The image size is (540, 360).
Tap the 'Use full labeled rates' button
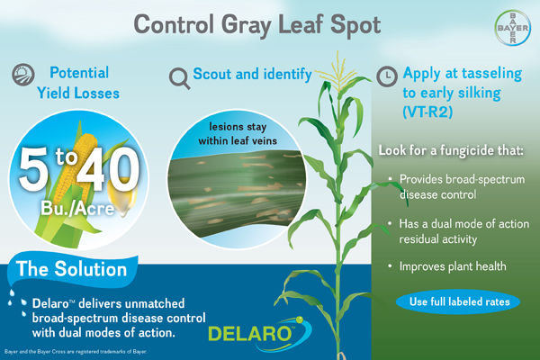(x=459, y=301)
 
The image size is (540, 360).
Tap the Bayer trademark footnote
(x=63, y=352)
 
